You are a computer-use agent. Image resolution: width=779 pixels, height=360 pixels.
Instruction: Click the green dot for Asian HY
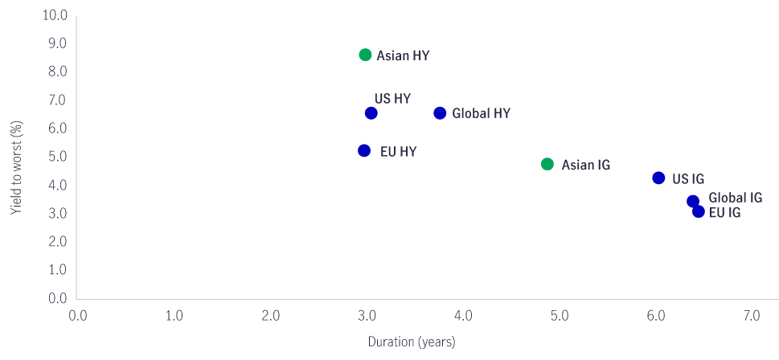click(x=365, y=55)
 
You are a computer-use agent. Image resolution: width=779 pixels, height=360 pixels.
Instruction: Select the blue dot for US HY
click(x=371, y=113)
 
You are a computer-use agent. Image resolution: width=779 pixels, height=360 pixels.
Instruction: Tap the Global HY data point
click(x=440, y=113)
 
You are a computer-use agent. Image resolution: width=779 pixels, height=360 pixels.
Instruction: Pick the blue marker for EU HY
click(x=364, y=150)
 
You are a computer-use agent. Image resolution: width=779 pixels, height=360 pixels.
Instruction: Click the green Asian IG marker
click(x=547, y=164)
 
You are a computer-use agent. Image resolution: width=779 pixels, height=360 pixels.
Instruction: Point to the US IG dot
click(x=658, y=178)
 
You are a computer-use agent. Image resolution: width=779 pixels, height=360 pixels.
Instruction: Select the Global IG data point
click(x=692, y=201)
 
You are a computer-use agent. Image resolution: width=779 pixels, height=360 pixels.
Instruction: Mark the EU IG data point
click(x=699, y=211)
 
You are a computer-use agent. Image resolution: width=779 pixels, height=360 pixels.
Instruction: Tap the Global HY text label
click(x=481, y=113)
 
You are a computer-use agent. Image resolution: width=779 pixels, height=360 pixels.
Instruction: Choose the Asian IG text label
click(x=585, y=165)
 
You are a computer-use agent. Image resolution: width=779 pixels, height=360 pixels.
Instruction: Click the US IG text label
click(x=688, y=178)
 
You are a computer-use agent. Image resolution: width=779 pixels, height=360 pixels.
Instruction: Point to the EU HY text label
click(x=398, y=151)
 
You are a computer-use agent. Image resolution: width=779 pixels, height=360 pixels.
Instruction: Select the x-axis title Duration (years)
click(x=412, y=342)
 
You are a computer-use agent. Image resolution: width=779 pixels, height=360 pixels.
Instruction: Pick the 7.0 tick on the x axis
click(x=752, y=315)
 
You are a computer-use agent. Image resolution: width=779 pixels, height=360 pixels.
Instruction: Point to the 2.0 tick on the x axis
click(x=270, y=315)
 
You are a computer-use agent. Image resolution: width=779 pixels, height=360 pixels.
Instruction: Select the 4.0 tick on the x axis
click(x=462, y=315)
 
